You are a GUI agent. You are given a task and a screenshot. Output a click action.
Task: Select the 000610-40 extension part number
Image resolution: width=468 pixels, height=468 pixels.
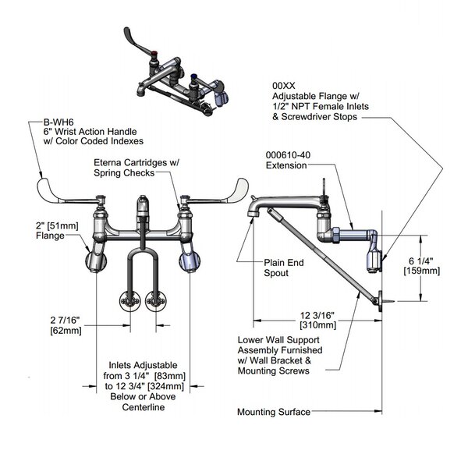[285, 154]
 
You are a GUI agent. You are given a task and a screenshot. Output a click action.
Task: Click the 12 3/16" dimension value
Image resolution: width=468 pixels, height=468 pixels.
[316, 314]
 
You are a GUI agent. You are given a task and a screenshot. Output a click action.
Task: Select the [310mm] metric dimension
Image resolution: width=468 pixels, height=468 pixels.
[316, 324]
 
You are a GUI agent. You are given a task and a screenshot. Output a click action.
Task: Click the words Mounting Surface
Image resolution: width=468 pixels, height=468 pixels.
[274, 411]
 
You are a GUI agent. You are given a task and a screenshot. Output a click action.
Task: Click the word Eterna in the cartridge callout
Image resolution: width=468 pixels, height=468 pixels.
[108, 163]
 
